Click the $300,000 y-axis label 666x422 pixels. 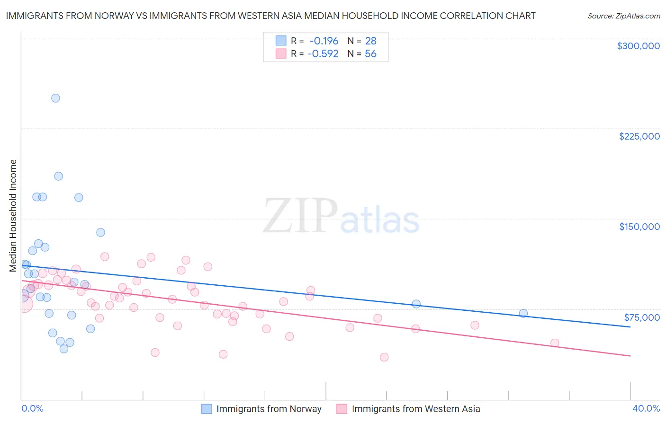(x=638, y=46)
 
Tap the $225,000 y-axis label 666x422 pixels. (x=639, y=136)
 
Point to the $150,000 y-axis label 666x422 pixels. (x=639, y=227)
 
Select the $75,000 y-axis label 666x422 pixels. (x=642, y=317)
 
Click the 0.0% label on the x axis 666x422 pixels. (x=33, y=408)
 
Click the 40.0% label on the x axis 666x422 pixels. (x=646, y=408)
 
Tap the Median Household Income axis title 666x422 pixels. (x=13, y=216)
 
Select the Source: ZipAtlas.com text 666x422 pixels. (x=623, y=16)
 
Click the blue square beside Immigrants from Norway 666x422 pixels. (x=207, y=409)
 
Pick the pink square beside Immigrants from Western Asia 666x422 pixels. (x=342, y=409)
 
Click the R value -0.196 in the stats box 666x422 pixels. (x=324, y=41)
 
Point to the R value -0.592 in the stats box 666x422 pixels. (x=323, y=54)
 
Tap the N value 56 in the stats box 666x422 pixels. (x=370, y=54)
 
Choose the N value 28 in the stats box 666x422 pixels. (x=370, y=41)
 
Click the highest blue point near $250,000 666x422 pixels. (x=55, y=98)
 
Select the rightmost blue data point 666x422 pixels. (x=523, y=313)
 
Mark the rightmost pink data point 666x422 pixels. (x=555, y=343)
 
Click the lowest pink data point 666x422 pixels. (x=384, y=357)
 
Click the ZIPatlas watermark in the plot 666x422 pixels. (x=341, y=217)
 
